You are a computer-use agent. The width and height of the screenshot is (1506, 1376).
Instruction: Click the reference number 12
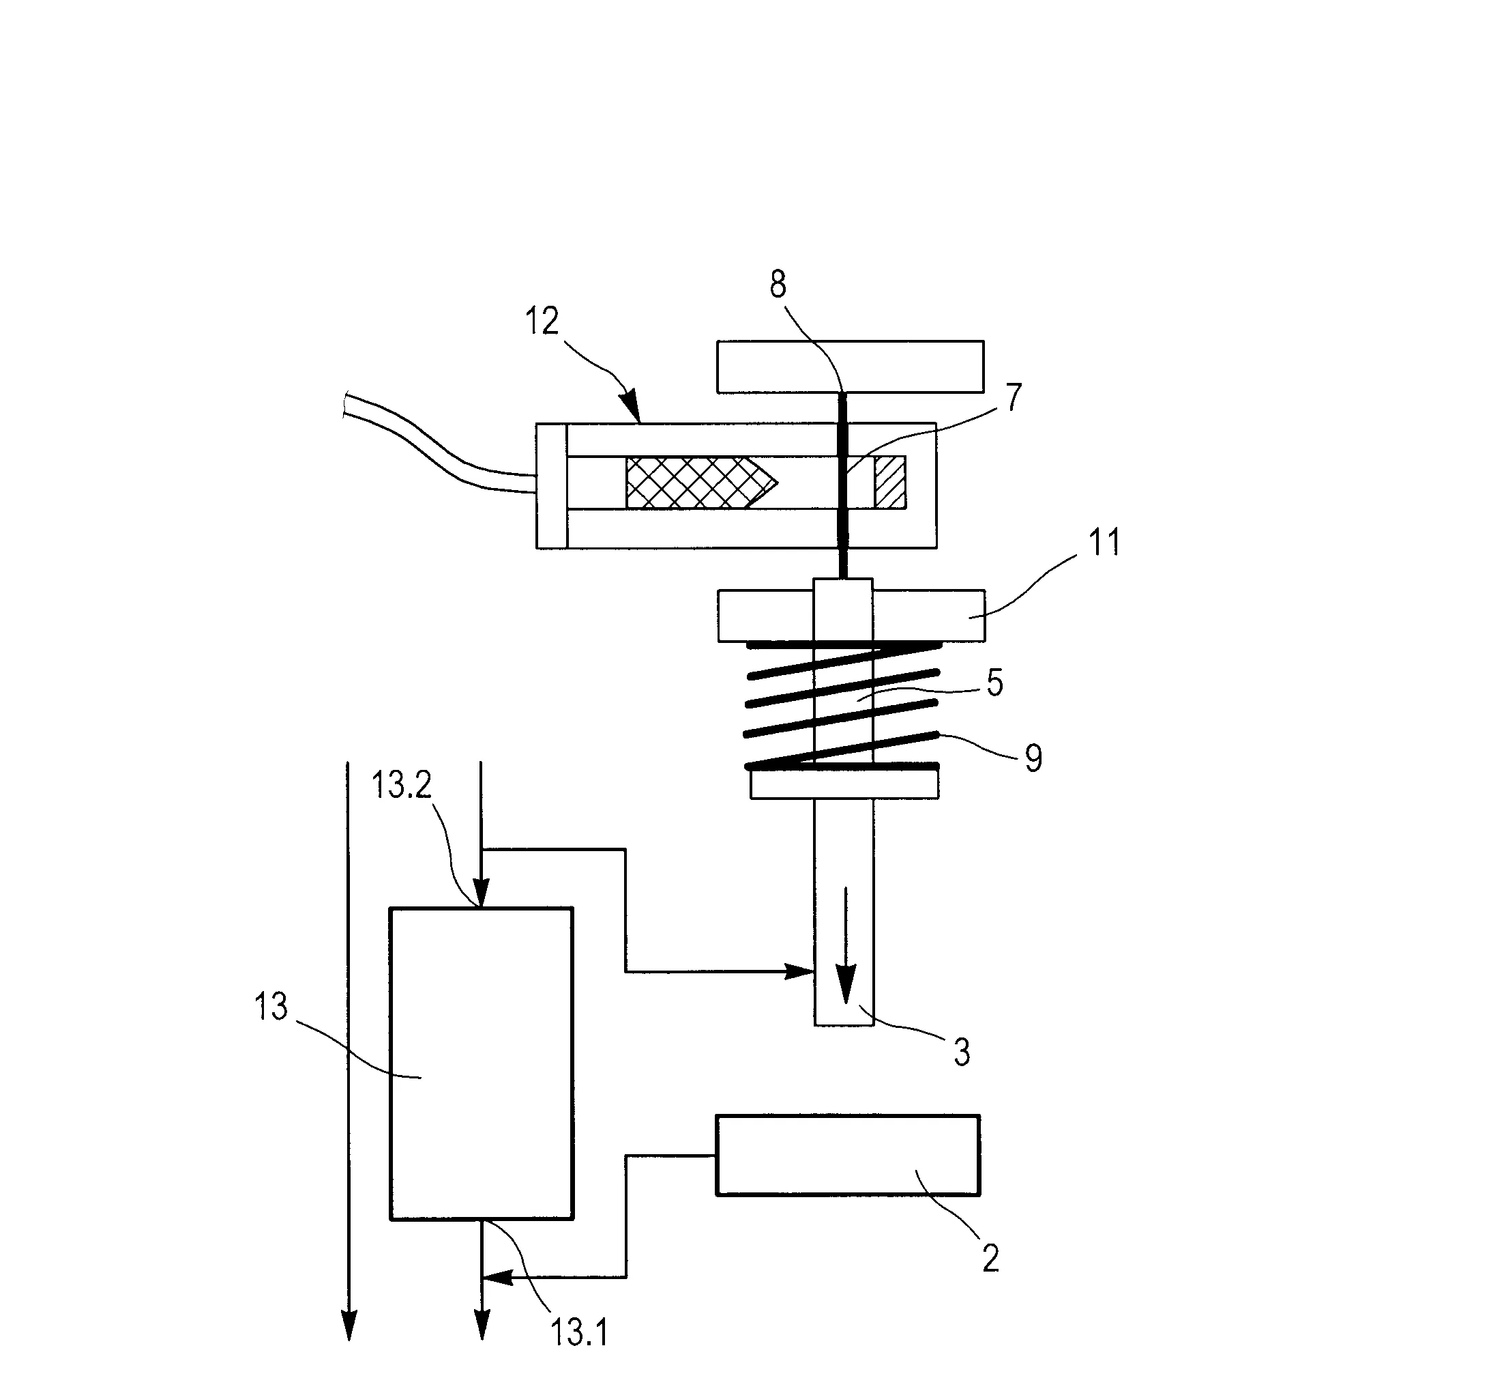(x=542, y=321)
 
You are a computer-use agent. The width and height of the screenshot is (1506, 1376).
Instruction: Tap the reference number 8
(x=778, y=285)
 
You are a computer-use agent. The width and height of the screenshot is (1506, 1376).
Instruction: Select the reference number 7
(x=1013, y=398)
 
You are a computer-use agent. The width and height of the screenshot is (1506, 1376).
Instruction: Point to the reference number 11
(x=1105, y=542)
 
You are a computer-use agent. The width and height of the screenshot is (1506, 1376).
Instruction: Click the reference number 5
(x=994, y=683)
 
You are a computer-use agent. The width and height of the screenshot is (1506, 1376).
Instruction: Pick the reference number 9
(x=1033, y=758)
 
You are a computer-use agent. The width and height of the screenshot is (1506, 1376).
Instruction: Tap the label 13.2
(x=402, y=786)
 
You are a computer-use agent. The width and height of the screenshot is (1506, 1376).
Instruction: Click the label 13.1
(x=579, y=1332)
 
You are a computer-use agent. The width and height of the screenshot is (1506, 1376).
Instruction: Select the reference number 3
(x=962, y=1052)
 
